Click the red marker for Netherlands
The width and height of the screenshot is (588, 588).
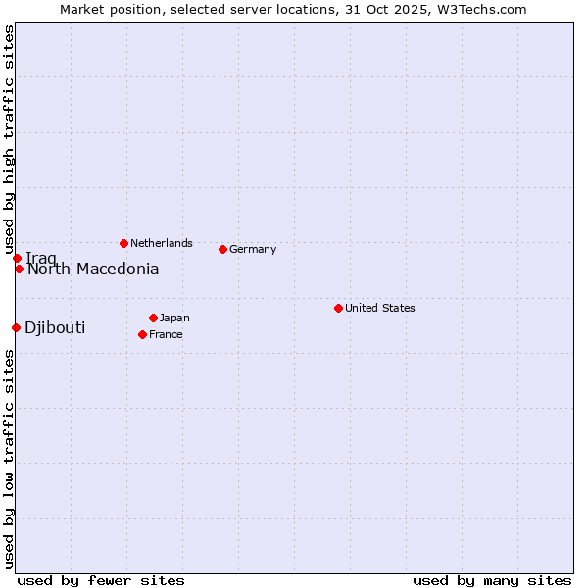[x=123, y=243]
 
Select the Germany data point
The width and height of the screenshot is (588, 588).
[x=222, y=249]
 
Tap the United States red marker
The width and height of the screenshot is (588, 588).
[x=338, y=308]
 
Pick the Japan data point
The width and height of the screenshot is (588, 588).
[x=153, y=318]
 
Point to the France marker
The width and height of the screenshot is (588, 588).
[x=142, y=334]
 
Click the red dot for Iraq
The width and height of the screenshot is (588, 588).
[x=17, y=258]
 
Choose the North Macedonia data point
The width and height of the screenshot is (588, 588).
[x=19, y=269]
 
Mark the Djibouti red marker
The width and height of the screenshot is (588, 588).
[x=16, y=327]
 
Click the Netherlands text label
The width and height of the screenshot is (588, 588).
[x=162, y=243]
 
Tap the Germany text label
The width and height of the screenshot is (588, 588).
[x=253, y=249]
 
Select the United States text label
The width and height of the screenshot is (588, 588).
[x=380, y=308]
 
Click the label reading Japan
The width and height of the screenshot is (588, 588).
[x=174, y=318]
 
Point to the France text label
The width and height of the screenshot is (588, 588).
[x=167, y=334]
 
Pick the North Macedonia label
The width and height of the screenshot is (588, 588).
[x=93, y=269]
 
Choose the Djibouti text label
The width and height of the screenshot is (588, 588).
[x=55, y=327]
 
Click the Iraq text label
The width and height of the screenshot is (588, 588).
[x=41, y=258]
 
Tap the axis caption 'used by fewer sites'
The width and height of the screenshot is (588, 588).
[x=101, y=580]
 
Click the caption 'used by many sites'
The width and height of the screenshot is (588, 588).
[x=492, y=580]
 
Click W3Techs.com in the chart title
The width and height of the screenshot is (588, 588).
[x=481, y=9]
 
